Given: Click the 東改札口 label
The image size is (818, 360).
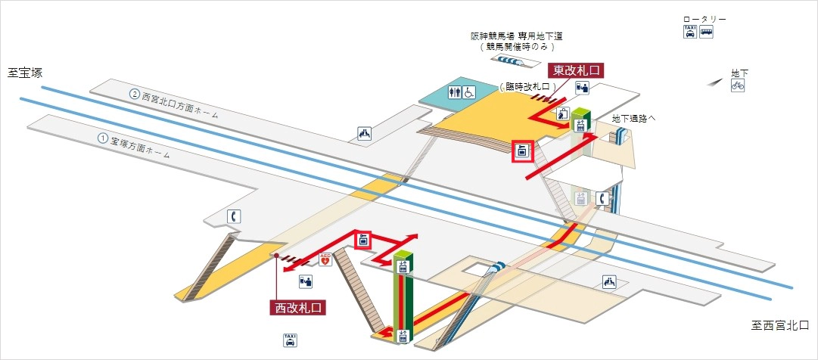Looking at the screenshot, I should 577,70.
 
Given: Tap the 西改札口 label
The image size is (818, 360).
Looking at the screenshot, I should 297,308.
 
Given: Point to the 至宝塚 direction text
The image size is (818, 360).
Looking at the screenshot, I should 25,73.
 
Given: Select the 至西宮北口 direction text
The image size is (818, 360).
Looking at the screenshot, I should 779,326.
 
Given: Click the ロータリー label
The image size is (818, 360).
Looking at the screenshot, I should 704,19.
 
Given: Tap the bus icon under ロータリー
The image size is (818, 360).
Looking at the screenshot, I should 705,32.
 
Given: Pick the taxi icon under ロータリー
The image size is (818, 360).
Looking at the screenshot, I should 689,32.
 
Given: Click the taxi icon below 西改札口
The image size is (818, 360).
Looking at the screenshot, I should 289,340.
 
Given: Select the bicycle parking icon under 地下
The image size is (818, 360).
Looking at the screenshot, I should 738,86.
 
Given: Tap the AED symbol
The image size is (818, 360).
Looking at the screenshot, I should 326,260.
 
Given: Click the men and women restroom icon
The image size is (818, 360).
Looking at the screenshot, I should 454,93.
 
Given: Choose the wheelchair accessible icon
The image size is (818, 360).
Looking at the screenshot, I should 469,93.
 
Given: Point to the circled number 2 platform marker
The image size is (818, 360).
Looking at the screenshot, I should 135,95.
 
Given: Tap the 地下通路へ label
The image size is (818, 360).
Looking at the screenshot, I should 633,119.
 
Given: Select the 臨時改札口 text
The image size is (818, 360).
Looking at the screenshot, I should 524,87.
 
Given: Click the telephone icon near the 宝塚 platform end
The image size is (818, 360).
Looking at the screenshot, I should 235,216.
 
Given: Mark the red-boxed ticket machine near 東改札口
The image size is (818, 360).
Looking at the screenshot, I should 521,151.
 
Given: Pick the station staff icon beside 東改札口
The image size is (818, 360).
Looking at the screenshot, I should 581,88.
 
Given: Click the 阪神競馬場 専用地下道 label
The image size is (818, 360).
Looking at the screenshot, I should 516,36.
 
